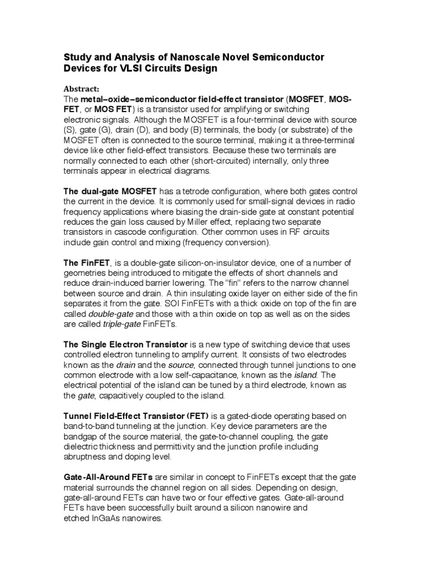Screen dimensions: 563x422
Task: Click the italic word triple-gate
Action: click(121, 324)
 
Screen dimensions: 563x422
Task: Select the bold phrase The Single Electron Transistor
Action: click(126, 344)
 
